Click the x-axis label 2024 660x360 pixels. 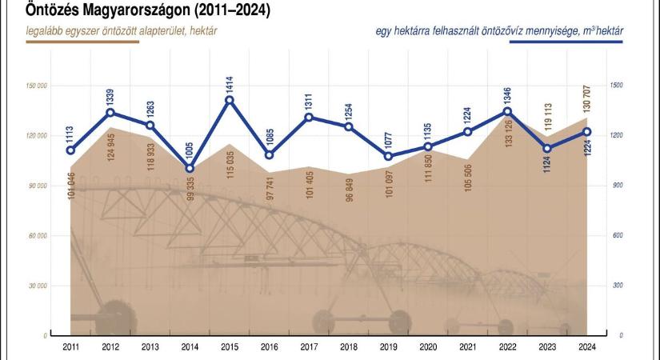pos(587,348)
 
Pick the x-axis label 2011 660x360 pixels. pos(70,348)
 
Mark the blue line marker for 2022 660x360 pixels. pos(507,111)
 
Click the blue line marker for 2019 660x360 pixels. pos(388,156)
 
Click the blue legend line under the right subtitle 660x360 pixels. pos(567,41)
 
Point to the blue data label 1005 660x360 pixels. pos(189,150)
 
